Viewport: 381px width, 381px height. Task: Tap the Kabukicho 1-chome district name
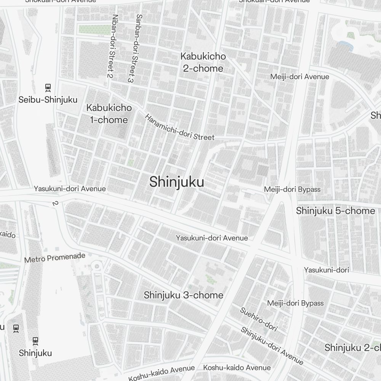[109, 114]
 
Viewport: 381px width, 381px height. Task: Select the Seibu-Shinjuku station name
[48, 100]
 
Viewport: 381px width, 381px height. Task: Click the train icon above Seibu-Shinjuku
[48, 87]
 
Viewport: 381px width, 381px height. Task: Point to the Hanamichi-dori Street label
[179, 127]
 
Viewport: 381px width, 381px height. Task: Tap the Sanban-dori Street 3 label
[134, 48]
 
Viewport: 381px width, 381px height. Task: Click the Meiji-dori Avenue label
[299, 77]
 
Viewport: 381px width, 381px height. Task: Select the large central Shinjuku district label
[176, 182]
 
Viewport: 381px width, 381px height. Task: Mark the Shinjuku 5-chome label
[335, 211]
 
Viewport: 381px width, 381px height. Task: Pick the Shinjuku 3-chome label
[183, 295]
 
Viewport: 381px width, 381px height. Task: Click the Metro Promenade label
[55, 258]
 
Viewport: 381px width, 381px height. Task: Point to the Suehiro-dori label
[258, 319]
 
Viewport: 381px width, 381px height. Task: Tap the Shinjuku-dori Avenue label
[272, 346]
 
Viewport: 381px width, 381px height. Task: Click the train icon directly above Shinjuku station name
[35, 340]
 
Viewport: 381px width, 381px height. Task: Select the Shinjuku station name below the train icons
[35, 353]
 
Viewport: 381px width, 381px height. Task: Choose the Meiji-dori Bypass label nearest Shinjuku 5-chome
[292, 189]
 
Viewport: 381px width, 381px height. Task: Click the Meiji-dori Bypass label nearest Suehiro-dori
[295, 303]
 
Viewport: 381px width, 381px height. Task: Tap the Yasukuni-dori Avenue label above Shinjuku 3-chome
[212, 238]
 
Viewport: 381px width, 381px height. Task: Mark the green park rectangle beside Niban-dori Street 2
[93, 29]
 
